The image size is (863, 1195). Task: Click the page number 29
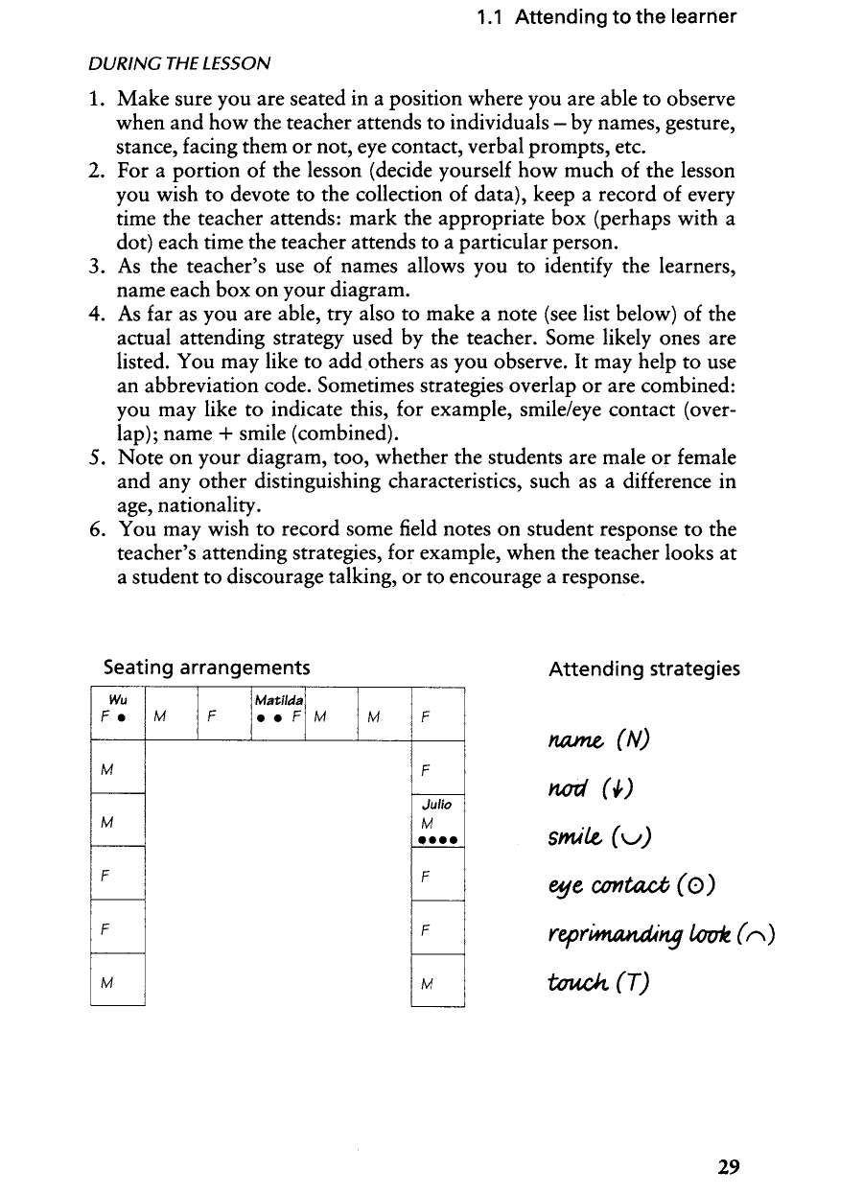click(728, 1167)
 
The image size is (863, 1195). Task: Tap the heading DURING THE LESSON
click(178, 64)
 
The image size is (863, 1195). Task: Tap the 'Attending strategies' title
click(643, 668)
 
